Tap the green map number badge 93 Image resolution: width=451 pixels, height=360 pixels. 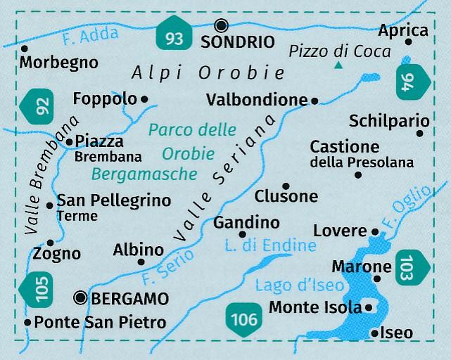tap(174, 37)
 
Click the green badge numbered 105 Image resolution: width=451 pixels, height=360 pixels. tap(42, 292)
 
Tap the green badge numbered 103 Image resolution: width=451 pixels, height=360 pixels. tap(410, 267)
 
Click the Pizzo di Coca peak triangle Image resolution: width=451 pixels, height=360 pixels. tap(338, 66)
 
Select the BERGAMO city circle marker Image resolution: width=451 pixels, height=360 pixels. tap(82, 299)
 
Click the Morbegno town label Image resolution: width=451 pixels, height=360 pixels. tap(59, 63)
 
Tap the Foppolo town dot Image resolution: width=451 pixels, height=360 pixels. tap(145, 99)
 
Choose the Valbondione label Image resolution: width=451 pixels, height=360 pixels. tap(258, 101)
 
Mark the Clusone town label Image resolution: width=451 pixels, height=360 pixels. tap(286, 197)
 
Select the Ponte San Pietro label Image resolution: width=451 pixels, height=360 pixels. tap(100, 323)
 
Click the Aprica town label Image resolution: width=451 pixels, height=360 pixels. tap(403, 30)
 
